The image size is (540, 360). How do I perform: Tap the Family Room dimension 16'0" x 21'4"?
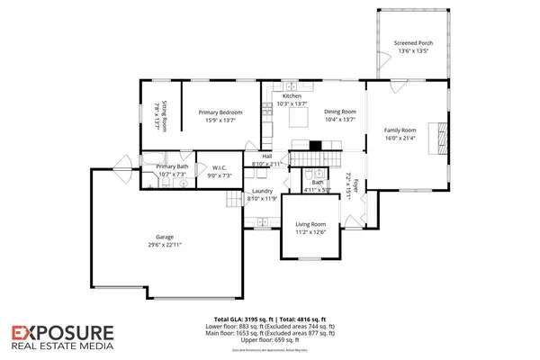click(400, 138)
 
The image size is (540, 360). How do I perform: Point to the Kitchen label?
click(292, 96)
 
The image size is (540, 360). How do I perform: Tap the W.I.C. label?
click(220, 166)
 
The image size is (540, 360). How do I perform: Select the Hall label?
click(266, 157)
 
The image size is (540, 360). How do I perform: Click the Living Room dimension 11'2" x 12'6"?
click(310, 231)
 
